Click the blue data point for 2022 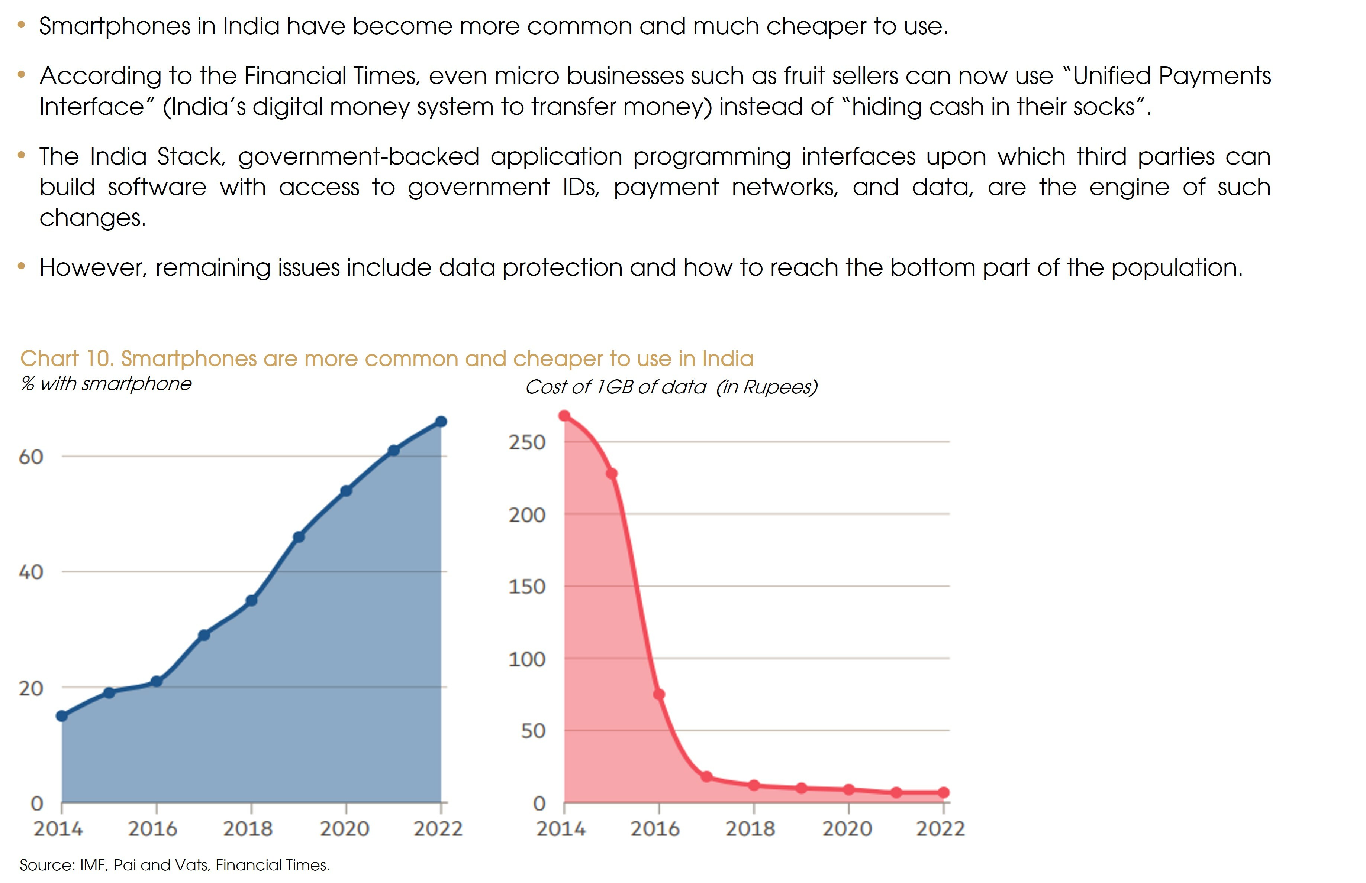pyautogui.click(x=441, y=422)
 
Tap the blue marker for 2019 pyautogui.click(x=298, y=537)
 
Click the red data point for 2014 pyautogui.click(x=564, y=416)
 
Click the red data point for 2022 pyautogui.click(x=944, y=792)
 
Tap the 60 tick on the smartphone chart pyautogui.click(x=31, y=457)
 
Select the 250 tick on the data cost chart pyautogui.click(x=527, y=442)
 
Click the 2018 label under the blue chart pyautogui.click(x=248, y=828)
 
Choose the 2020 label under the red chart pyautogui.click(x=847, y=828)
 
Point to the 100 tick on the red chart pyautogui.click(x=527, y=659)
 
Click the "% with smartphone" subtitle pyautogui.click(x=106, y=384)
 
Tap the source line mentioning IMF pyautogui.click(x=175, y=865)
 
